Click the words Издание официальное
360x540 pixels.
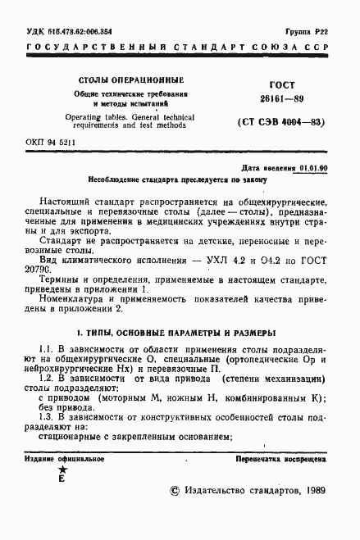pyautogui.click(x=62, y=460)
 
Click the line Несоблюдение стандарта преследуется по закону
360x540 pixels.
pyautogui.click(x=182, y=179)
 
